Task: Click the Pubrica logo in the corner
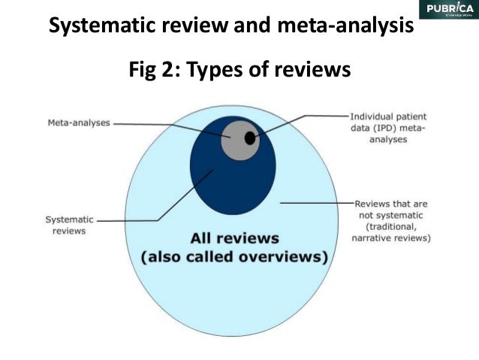click(x=449, y=10)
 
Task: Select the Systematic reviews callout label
click(x=70, y=225)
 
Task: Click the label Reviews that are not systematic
click(x=391, y=221)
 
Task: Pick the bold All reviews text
click(x=234, y=239)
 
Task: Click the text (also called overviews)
click(x=234, y=257)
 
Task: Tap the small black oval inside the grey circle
click(x=250, y=138)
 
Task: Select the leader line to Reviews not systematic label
click(x=315, y=203)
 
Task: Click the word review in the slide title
click(x=206, y=27)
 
